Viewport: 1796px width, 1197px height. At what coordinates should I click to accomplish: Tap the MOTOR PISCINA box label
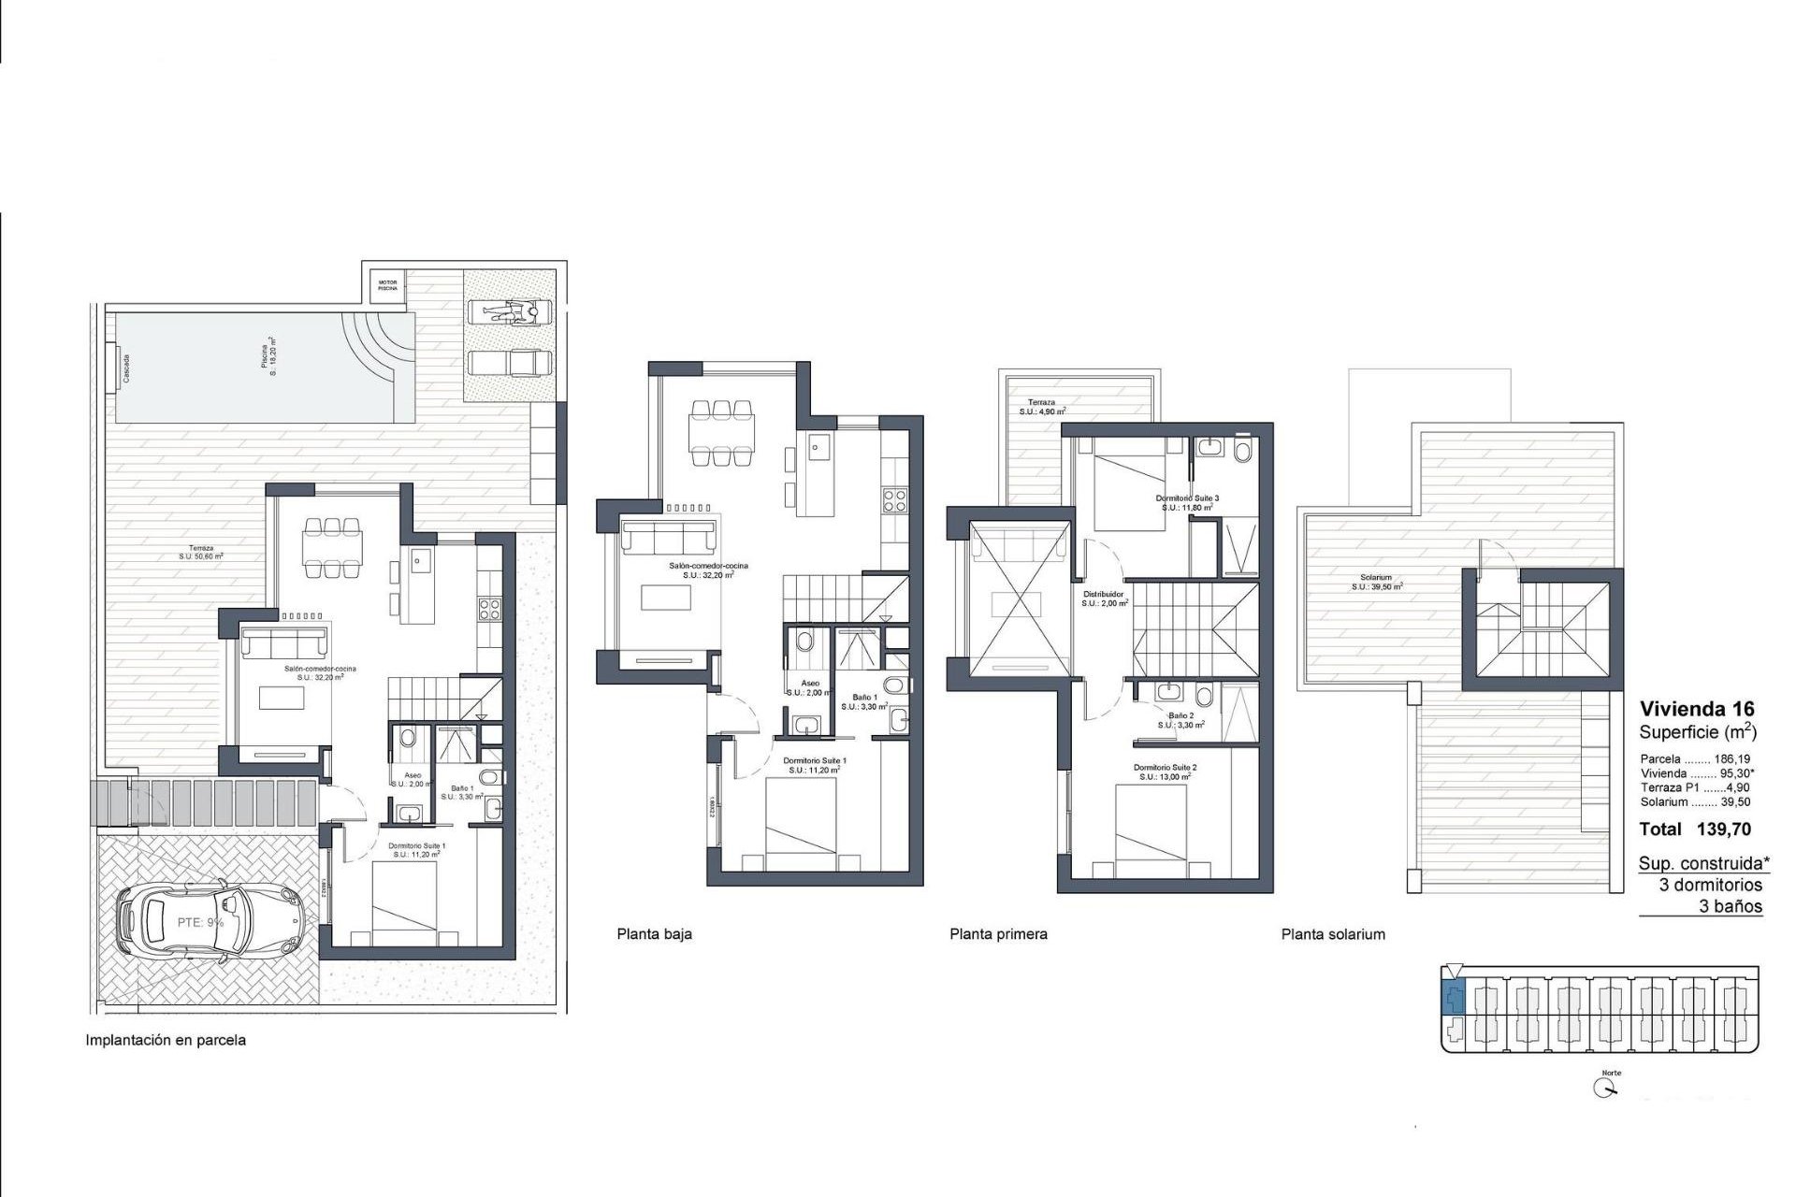[387, 285]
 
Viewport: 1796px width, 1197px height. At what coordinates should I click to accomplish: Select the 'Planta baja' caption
[654, 934]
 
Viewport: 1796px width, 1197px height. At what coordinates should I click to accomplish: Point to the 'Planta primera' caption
[998, 934]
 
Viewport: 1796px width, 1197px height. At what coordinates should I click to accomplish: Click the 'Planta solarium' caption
[1333, 934]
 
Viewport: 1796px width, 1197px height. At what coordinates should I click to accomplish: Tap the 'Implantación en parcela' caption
[166, 1040]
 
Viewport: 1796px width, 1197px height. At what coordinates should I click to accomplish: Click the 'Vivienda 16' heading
[1697, 709]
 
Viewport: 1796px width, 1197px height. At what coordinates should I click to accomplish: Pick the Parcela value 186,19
[1731, 759]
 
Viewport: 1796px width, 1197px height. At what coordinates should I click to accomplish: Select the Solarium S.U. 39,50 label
[1376, 583]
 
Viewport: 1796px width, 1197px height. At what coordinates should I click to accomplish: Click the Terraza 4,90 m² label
[1041, 407]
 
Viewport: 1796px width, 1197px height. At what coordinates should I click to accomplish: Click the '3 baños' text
[1731, 906]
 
